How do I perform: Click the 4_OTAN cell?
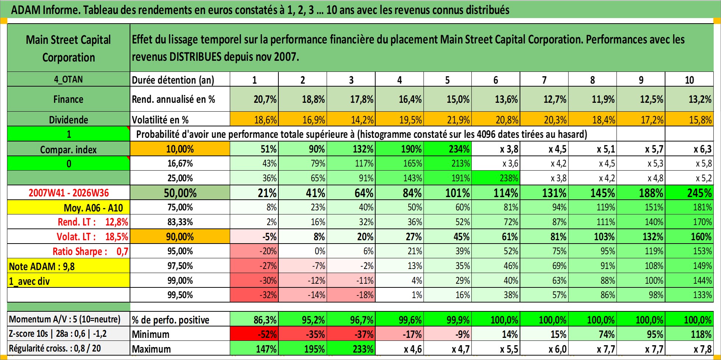point(68,79)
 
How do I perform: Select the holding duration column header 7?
point(544,80)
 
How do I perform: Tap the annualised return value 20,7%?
point(265,99)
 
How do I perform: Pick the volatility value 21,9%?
point(458,120)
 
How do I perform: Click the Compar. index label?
point(68,150)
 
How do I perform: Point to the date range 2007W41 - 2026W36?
point(69,193)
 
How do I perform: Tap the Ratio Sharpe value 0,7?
point(122,251)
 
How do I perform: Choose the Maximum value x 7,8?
point(703,349)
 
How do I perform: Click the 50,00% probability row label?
point(180,193)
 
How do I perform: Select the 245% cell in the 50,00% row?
point(700,193)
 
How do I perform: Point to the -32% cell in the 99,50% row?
point(268,295)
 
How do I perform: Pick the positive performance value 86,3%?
point(265,320)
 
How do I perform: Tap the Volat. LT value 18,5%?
point(117,237)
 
